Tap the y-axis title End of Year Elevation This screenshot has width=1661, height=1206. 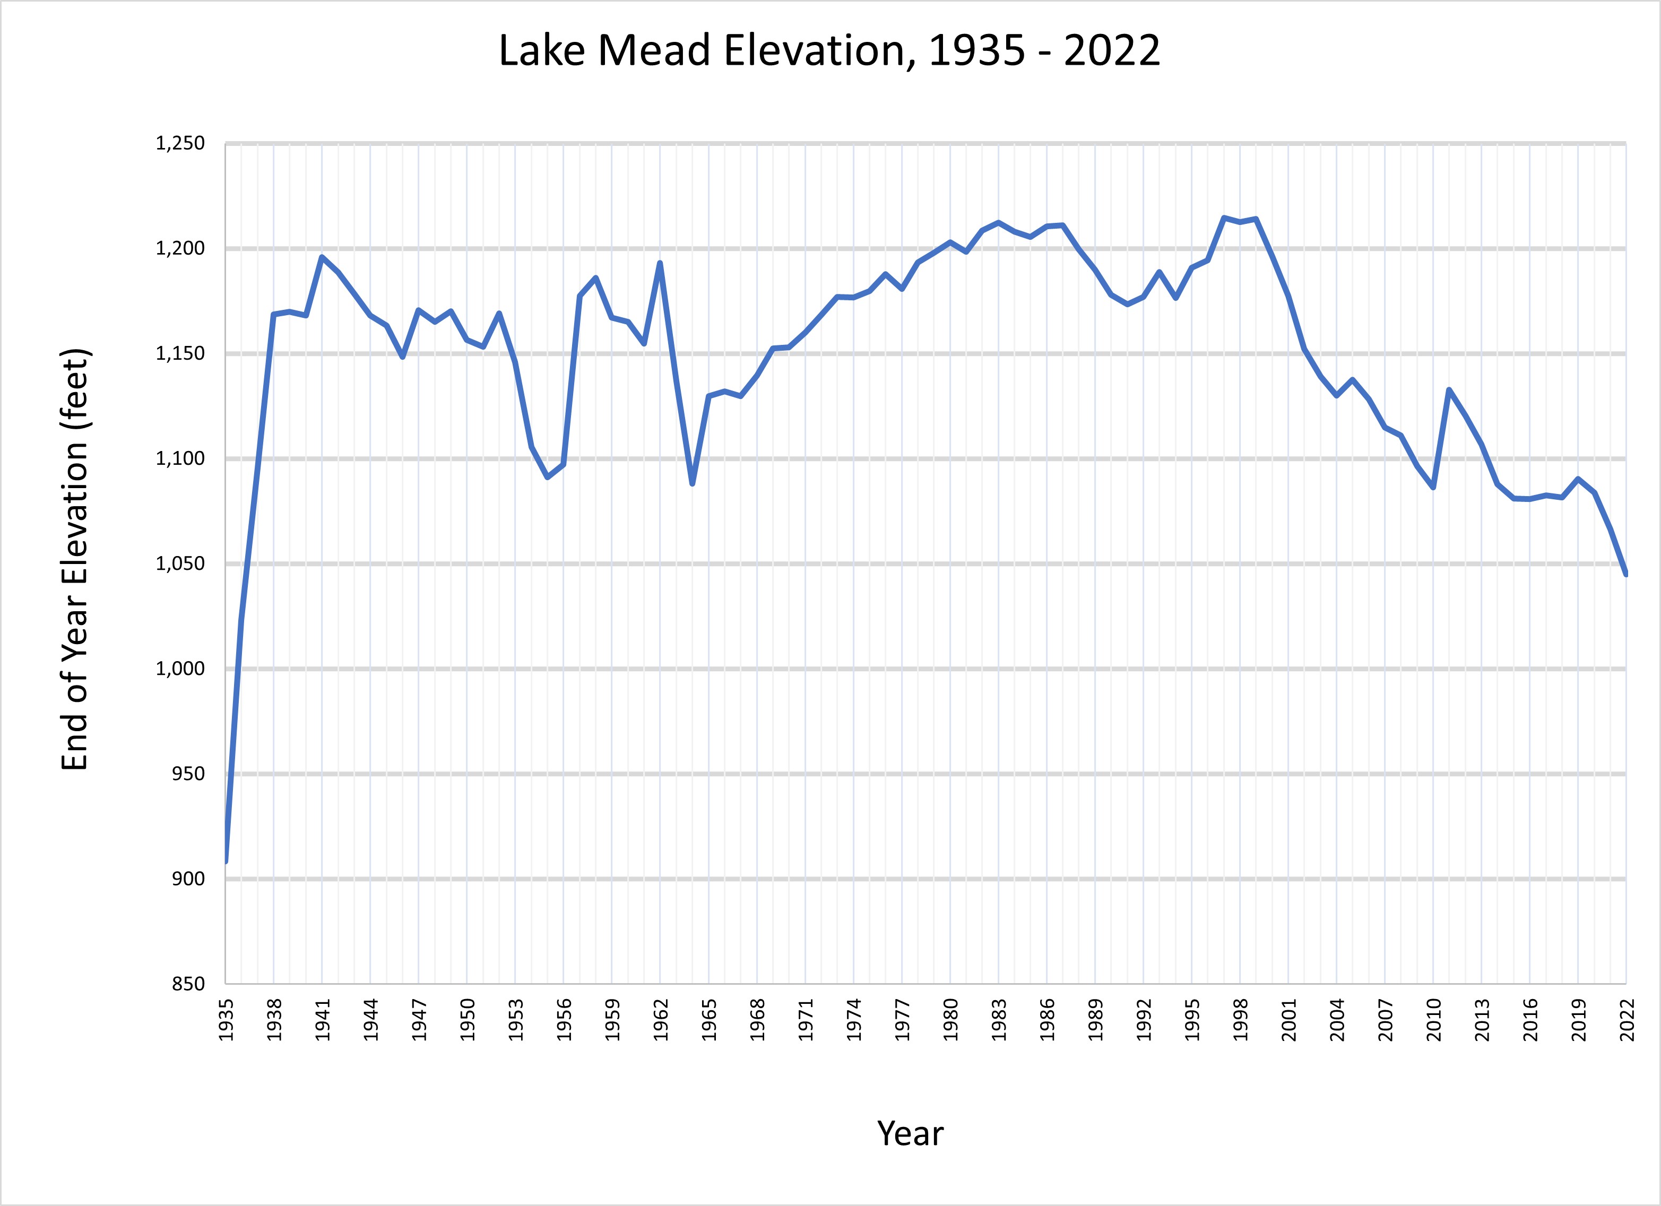(x=75, y=559)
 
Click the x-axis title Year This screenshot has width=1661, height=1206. (x=910, y=1133)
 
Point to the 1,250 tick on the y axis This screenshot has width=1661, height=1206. (x=179, y=143)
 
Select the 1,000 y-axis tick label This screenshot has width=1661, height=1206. (x=179, y=669)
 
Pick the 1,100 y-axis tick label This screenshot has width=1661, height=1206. (x=179, y=459)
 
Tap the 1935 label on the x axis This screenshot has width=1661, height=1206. (x=226, y=1019)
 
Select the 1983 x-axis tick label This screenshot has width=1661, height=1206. (x=999, y=1019)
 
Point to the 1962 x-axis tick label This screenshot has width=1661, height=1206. (x=661, y=1019)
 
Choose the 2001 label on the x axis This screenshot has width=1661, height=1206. (x=1289, y=1019)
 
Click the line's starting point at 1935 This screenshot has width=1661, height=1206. (x=226, y=861)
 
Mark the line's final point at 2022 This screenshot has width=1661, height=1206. (x=1626, y=575)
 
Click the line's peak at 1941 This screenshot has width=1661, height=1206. (x=322, y=257)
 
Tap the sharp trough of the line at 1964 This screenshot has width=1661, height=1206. (x=692, y=484)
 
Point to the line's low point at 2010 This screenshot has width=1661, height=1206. (x=1433, y=488)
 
